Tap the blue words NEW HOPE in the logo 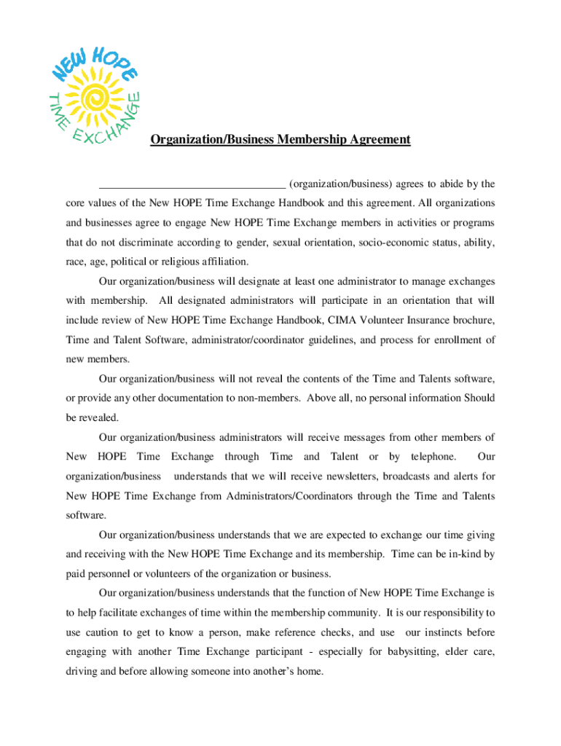pyautogui.click(x=92, y=61)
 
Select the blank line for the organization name pyautogui.click(x=192, y=184)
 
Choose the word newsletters pyautogui.click(x=323, y=476)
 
